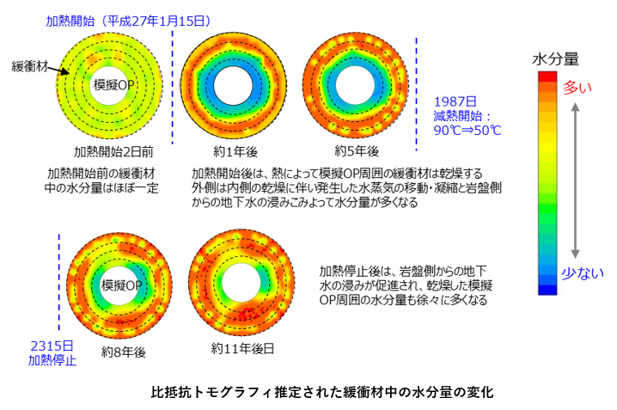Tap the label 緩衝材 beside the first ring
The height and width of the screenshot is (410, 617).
[31, 65]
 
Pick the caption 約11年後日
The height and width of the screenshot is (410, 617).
[243, 351]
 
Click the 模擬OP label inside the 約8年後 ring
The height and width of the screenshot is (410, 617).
[121, 285]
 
